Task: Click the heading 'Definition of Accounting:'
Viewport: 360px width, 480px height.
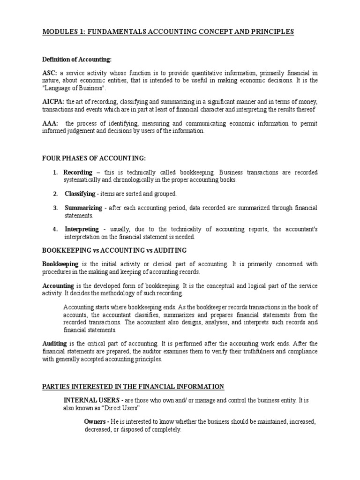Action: pos(77,60)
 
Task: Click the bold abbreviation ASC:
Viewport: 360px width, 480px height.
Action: pos(50,73)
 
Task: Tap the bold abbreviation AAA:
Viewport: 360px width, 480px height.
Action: pos(50,124)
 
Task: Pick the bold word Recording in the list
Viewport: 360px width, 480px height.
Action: pos(78,172)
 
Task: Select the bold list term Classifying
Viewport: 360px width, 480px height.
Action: pos(80,194)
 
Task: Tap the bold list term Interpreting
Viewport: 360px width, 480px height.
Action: pos(82,229)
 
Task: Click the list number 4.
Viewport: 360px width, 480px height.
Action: pos(55,229)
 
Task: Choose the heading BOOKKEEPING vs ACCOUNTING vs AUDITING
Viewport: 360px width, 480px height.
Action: pos(114,250)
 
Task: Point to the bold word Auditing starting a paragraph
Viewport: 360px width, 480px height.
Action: pos(54,344)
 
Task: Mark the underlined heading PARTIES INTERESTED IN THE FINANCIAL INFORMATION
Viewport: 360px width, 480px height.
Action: pos(133,387)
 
